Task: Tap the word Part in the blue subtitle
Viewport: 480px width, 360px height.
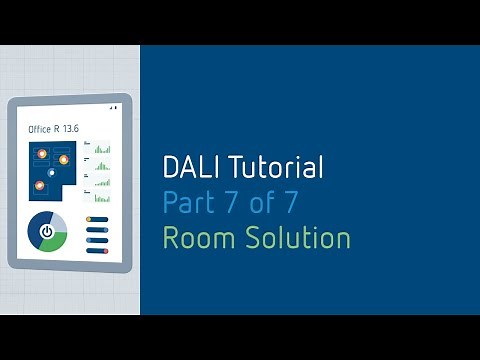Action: (186, 203)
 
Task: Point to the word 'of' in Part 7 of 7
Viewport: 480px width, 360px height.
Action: (260, 203)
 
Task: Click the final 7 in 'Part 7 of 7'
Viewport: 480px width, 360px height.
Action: (289, 203)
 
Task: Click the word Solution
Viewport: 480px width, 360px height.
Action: (294, 238)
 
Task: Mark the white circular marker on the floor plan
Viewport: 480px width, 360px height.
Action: (52, 172)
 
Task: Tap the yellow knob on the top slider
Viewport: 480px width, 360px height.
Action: (90, 218)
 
